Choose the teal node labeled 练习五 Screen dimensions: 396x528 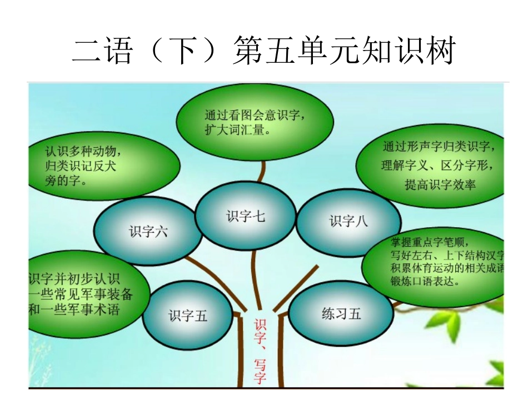(x=341, y=314)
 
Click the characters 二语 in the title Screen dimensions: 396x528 (x=103, y=52)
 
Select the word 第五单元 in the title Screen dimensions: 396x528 (x=295, y=52)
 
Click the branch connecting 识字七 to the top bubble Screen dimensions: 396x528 (x=261, y=169)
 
